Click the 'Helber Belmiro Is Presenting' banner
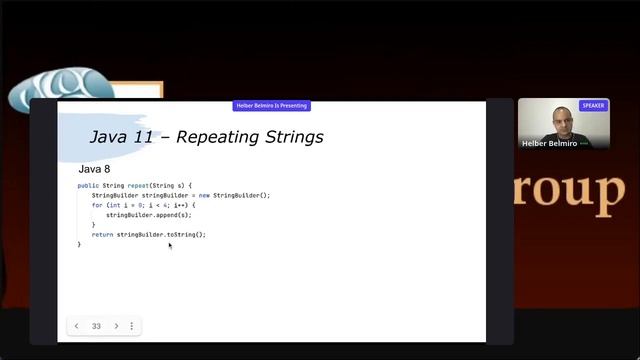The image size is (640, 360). click(271, 105)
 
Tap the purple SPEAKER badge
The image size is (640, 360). click(593, 105)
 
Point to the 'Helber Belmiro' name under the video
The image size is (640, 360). click(549, 143)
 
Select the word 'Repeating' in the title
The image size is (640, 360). click(216, 137)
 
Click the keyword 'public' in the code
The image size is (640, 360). click(88, 186)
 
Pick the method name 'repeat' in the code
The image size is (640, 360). click(138, 186)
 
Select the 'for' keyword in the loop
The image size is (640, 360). click(97, 205)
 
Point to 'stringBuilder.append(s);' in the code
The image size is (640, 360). click(148, 215)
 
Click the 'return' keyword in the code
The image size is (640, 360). click(102, 234)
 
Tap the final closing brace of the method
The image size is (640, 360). click(79, 244)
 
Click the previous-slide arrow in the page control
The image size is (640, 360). click(77, 326)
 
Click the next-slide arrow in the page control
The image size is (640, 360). click(116, 326)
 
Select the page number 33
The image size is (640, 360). click(96, 326)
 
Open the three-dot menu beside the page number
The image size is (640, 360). click(131, 326)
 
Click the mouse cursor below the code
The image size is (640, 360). click(170, 245)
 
